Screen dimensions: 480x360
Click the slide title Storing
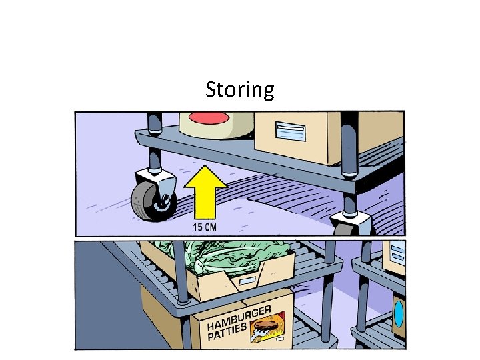[239, 89]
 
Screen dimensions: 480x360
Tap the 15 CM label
[205, 227]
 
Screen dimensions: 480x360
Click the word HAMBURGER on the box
[239, 318]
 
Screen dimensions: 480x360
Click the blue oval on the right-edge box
[399, 313]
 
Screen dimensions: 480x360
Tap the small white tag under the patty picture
[280, 341]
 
